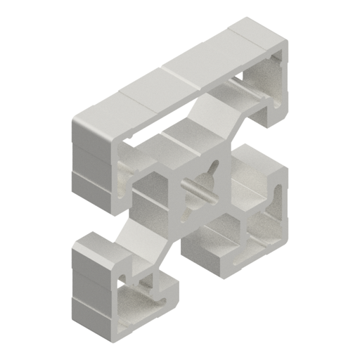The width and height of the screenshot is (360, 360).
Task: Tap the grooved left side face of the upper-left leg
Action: coord(91,169)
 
